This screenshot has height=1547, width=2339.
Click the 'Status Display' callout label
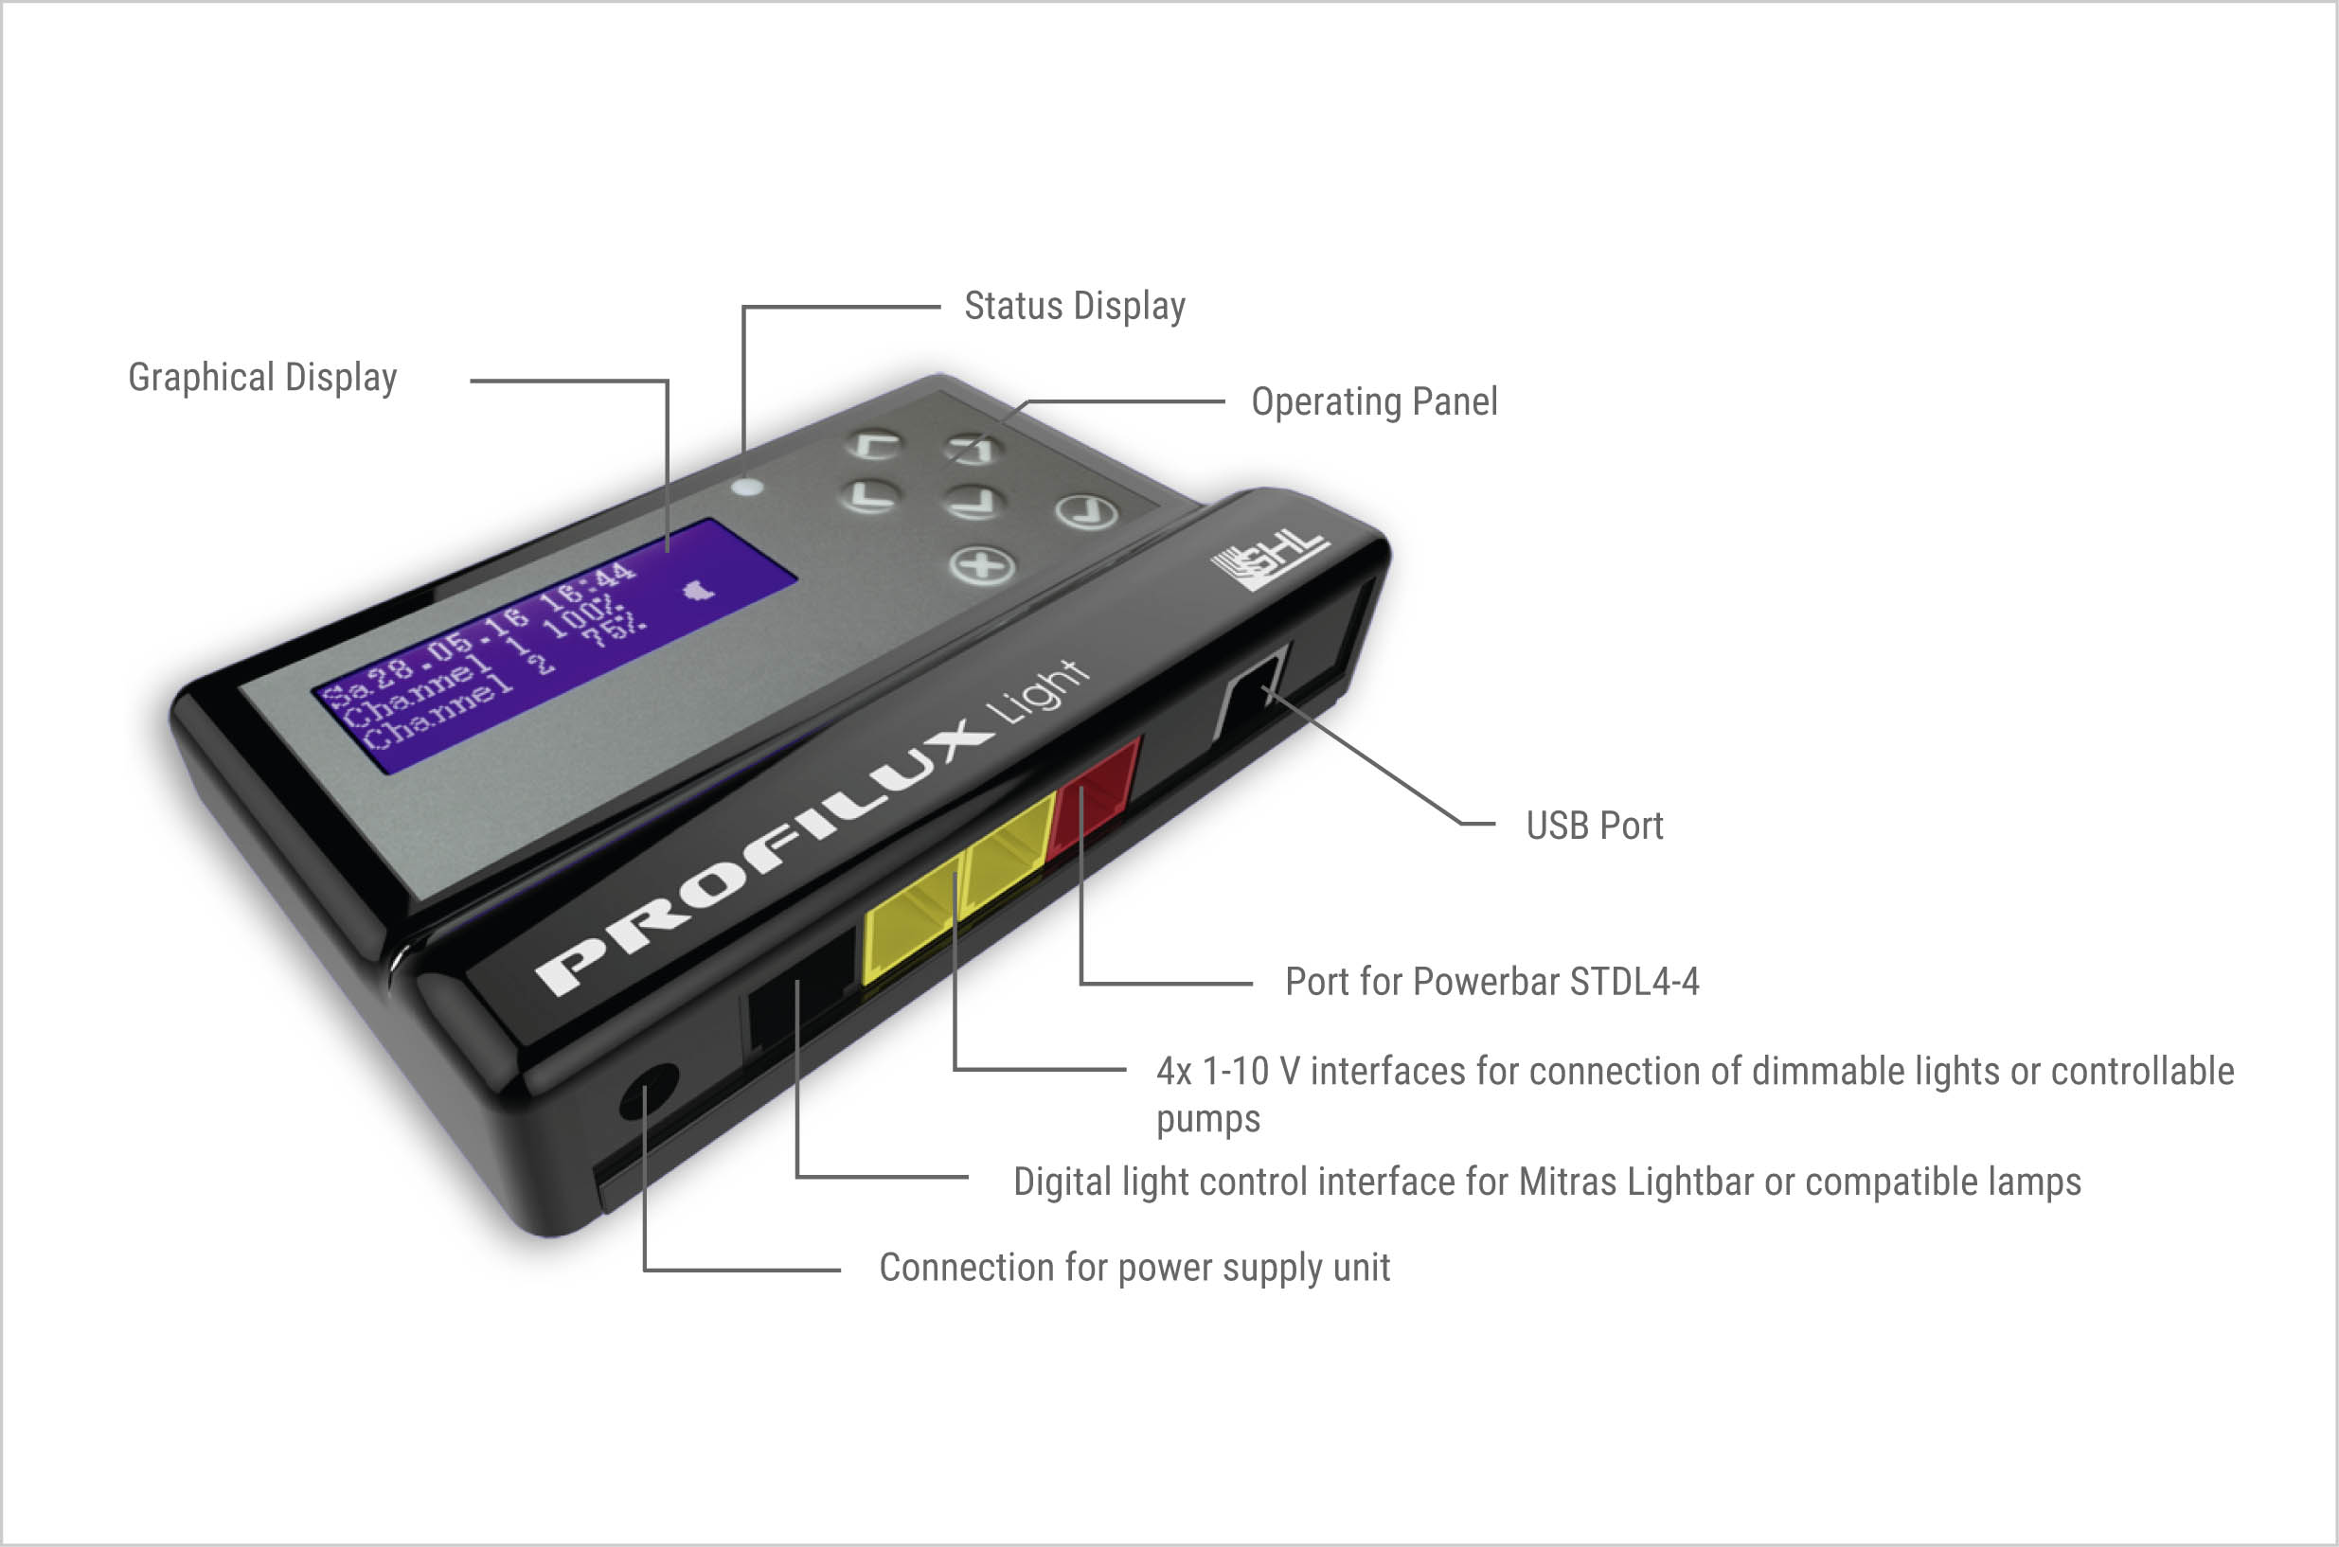click(x=1075, y=307)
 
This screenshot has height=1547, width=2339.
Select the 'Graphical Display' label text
click(x=262, y=378)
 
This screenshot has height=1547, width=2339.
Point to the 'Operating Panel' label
click(x=1374, y=401)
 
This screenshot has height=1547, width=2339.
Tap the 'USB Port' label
click(x=1594, y=826)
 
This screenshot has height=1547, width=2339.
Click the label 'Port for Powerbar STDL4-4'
click(x=1492, y=982)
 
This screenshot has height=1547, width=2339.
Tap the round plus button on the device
click(x=981, y=566)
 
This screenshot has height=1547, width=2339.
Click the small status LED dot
click(x=748, y=487)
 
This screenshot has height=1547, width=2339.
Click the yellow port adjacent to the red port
click(x=1009, y=854)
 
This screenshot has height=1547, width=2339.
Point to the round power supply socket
click(x=649, y=1091)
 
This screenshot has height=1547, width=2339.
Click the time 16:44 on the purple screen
click(x=587, y=583)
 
